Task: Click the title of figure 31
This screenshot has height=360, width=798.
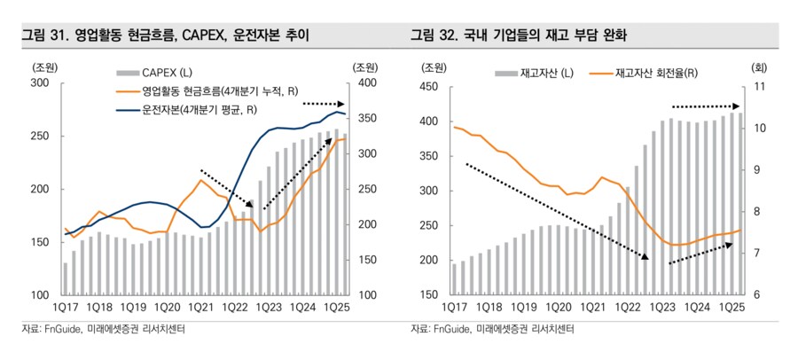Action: point(165,37)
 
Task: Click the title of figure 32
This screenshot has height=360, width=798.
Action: point(532,37)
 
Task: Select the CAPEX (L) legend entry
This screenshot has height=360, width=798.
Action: point(160,71)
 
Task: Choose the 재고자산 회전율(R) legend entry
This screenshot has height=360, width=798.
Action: point(656,72)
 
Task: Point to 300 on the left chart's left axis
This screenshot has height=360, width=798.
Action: point(39,83)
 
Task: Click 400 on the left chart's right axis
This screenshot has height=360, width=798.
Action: point(365,83)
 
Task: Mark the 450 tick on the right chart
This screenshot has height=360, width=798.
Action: point(428,87)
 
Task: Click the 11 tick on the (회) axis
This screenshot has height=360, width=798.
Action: point(759,87)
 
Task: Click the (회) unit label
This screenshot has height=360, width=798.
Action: point(759,67)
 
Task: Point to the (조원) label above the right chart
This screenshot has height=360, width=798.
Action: point(434,67)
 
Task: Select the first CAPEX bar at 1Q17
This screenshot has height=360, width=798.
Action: point(65,278)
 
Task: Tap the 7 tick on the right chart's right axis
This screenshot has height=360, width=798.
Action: point(757,254)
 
